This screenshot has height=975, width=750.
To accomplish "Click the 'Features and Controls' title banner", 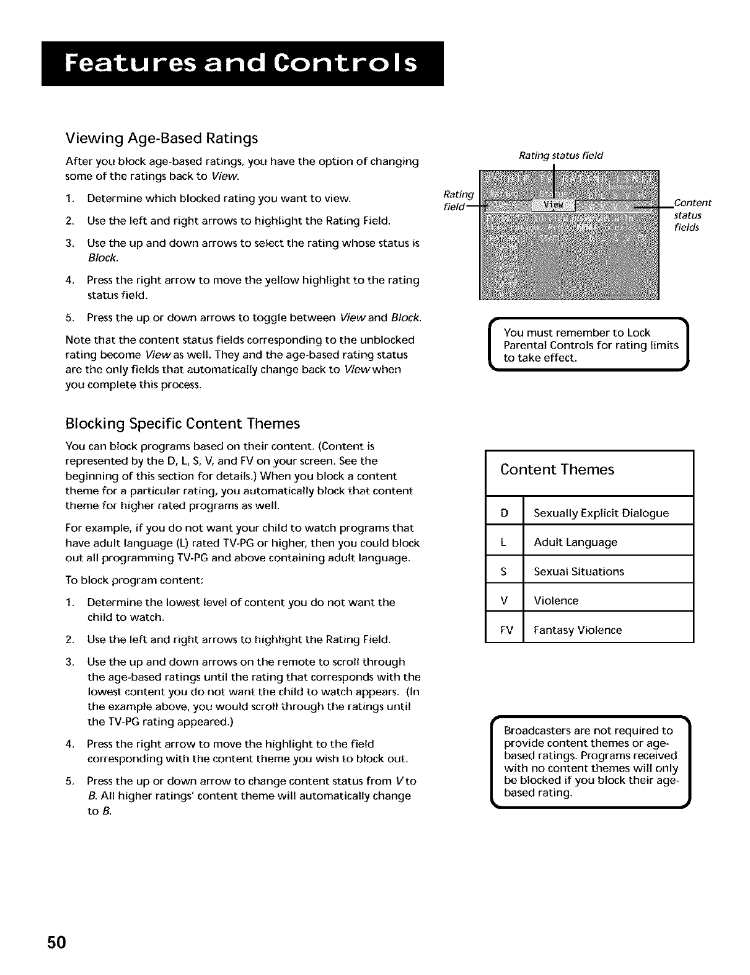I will coord(242,64).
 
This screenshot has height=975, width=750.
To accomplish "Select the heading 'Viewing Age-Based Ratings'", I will coord(161,138).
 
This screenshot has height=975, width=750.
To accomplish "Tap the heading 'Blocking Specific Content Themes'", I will coord(182,424).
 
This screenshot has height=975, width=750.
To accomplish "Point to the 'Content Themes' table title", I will coord(557,470).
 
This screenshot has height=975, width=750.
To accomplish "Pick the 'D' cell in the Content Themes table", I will coord(504,513).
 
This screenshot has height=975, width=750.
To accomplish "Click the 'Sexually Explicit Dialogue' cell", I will coord(601,513).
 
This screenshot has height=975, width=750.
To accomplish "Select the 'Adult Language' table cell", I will coord(575,542).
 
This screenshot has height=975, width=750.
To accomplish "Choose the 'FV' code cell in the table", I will coord(506,630).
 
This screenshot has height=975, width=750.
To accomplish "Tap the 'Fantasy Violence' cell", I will coord(577,630).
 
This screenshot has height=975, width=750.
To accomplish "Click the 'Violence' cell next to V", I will coord(555,600).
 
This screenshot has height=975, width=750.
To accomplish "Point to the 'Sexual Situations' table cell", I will coord(578,571).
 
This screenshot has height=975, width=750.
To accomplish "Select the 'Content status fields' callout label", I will coord(692,215).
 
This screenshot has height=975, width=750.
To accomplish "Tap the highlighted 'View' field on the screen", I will coord(554,205).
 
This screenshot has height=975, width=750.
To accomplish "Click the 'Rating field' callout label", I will coord(458,200).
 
